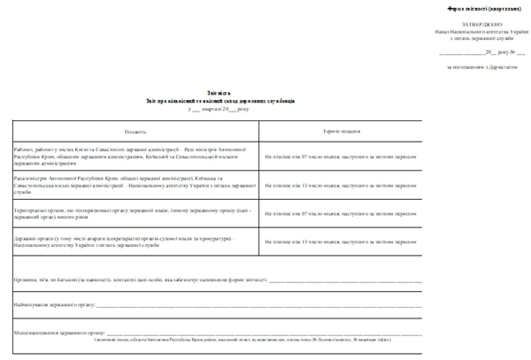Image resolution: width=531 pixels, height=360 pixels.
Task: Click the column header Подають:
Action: click(136, 131)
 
